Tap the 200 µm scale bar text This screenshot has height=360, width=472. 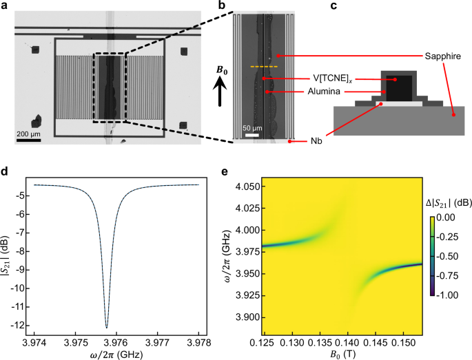[32, 132]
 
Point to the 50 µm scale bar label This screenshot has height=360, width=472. [251, 128]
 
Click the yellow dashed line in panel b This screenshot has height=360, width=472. [263, 67]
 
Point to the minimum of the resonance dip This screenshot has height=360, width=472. [106, 327]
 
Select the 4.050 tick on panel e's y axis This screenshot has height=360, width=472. [243, 186]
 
